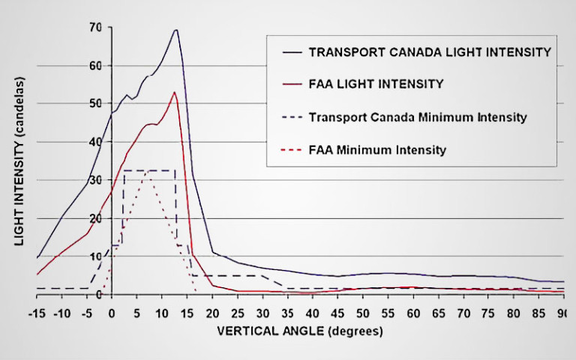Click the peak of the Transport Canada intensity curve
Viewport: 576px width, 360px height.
pyautogui.click(x=175, y=30)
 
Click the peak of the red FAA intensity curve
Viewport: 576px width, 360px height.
pyautogui.click(x=175, y=92)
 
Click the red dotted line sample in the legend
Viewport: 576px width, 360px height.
pyautogui.click(x=289, y=150)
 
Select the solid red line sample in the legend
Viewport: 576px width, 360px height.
pyautogui.click(x=289, y=85)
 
